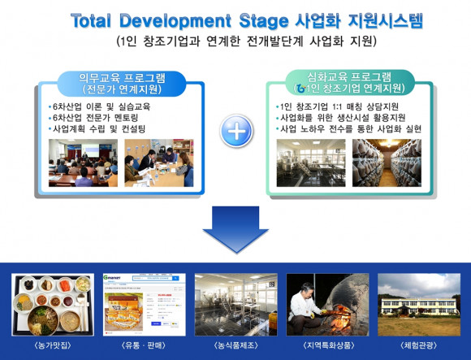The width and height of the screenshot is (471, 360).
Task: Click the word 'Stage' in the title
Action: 264,21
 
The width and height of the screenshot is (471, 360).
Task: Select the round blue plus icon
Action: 236,131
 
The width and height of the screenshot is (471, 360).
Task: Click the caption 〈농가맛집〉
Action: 53,345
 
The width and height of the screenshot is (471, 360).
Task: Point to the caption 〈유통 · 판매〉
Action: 145,345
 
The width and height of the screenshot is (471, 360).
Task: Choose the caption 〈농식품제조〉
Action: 236,345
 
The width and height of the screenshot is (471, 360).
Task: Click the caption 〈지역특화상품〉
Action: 328,345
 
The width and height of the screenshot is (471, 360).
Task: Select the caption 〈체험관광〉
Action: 419,345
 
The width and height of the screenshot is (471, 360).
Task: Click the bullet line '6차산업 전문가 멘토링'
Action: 95,118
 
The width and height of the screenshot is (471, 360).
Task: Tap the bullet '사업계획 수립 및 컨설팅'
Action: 97,129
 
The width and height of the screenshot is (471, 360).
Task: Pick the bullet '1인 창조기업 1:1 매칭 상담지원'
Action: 337,106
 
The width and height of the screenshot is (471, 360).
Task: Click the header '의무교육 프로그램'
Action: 122,78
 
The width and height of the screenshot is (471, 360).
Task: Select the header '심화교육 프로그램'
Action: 349,77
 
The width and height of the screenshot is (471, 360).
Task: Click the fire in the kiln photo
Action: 339,319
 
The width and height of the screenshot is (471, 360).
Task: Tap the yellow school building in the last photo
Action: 419,306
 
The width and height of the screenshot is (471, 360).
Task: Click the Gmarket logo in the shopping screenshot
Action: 112,278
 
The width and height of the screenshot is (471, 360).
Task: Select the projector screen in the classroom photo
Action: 91,149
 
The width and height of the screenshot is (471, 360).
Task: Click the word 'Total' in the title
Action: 91,21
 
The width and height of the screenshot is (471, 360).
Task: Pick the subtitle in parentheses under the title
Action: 246,41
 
